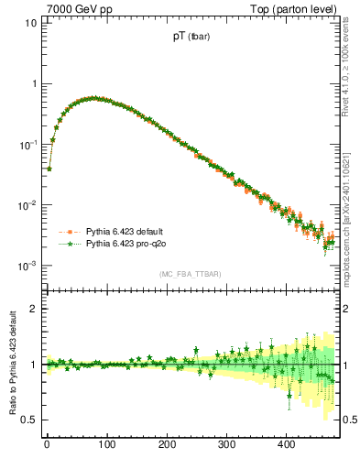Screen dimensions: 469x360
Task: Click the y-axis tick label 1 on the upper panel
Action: pyautogui.click(x=34, y=83)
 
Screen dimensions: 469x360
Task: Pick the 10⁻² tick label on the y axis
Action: pyautogui.click(x=28, y=204)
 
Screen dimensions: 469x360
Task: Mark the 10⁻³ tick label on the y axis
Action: pyautogui.click(x=28, y=265)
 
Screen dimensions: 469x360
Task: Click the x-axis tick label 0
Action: pyautogui.click(x=47, y=444)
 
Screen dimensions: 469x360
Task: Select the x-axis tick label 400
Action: pyautogui.click(x=286, y=444)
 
